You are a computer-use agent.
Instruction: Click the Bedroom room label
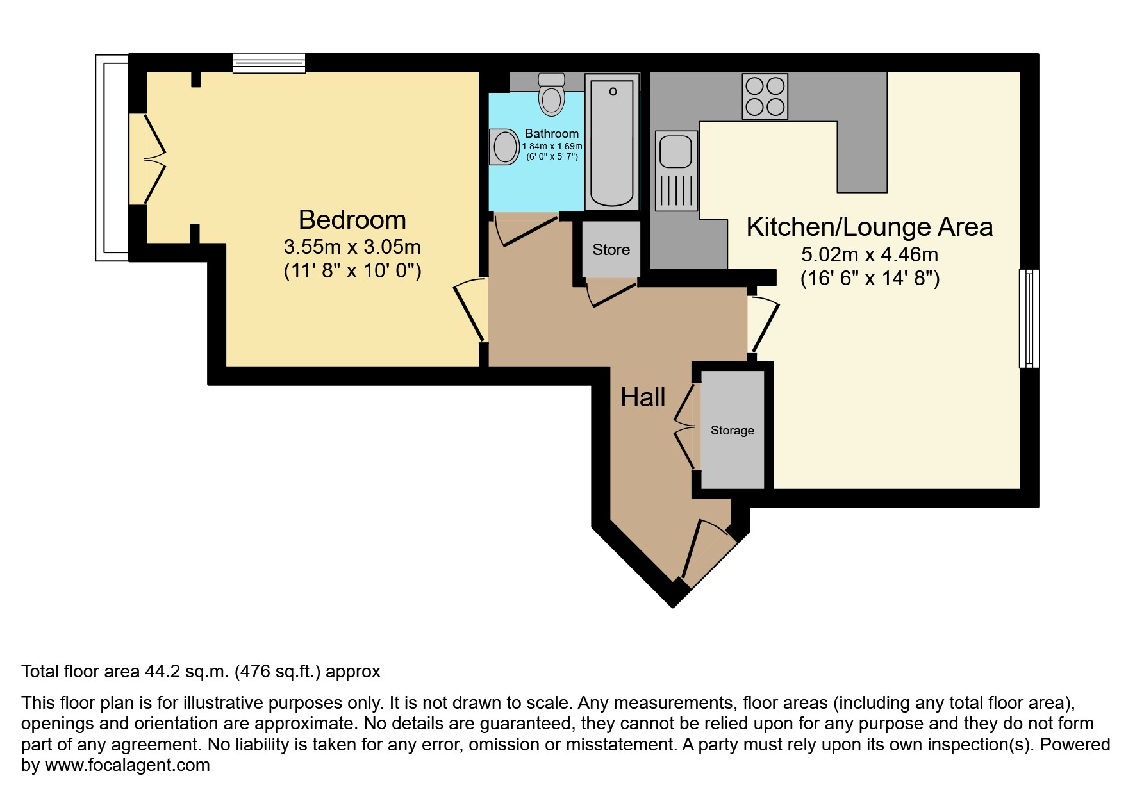(352, 220)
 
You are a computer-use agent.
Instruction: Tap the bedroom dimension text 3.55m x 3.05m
(352, 247)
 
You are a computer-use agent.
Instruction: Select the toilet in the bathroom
(551, 96)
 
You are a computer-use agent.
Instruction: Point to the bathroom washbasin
(504, 147)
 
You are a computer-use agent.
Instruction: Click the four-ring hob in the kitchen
(765, 96)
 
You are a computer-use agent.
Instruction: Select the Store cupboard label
(611, 250)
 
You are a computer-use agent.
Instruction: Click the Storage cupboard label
(732, 431)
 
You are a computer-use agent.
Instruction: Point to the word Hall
(643, 398)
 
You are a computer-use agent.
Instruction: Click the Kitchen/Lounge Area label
(869, 227)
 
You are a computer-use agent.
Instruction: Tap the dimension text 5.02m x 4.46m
(869, 255)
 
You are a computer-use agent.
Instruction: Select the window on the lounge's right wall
(1029, 318)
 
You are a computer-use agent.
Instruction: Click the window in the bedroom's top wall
(269, 63)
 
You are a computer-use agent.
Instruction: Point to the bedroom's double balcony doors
(149, 159)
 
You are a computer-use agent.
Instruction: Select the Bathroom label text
(551, 133)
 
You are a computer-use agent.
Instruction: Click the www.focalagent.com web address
(127, 765)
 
